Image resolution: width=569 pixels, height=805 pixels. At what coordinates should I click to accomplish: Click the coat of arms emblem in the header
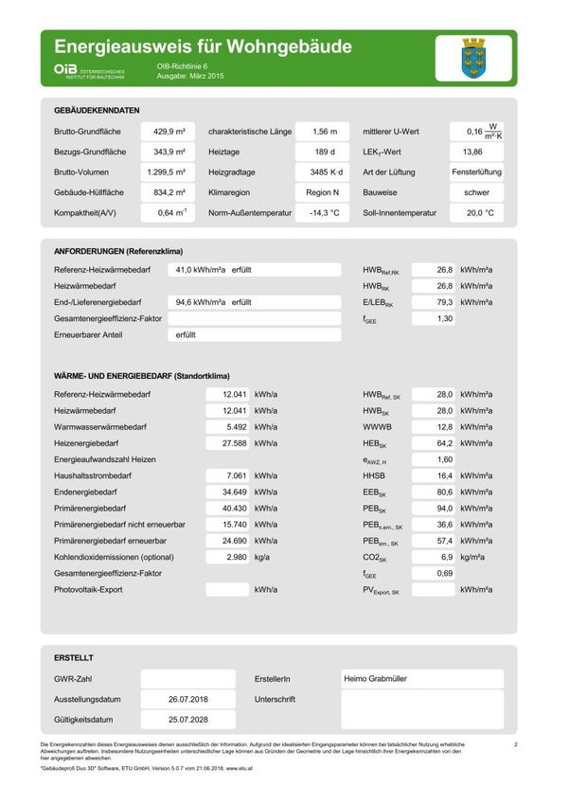pyautogui.click(x=473, y=58)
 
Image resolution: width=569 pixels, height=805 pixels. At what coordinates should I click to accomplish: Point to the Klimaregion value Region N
pyautogui.click(x=322, y=192)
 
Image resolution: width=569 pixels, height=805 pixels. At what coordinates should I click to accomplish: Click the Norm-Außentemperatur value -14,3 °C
pyautogui.click(x=322, y=213)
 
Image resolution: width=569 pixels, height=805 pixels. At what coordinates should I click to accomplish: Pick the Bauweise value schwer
pyautogui.click(x=476, y=192)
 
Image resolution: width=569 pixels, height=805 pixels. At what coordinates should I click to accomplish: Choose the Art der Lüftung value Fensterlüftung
pyautogui.click(x=477, y=172)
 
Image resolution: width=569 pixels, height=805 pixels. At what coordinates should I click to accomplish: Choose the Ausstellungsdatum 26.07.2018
pyautogui.click(x=187, y=699)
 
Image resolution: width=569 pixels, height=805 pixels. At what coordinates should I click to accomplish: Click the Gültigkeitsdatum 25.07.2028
pyautogui.click(x=187, y=720)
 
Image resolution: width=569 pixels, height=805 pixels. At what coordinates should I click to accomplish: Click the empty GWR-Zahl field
pyautogui.click(x=187, y=679)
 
